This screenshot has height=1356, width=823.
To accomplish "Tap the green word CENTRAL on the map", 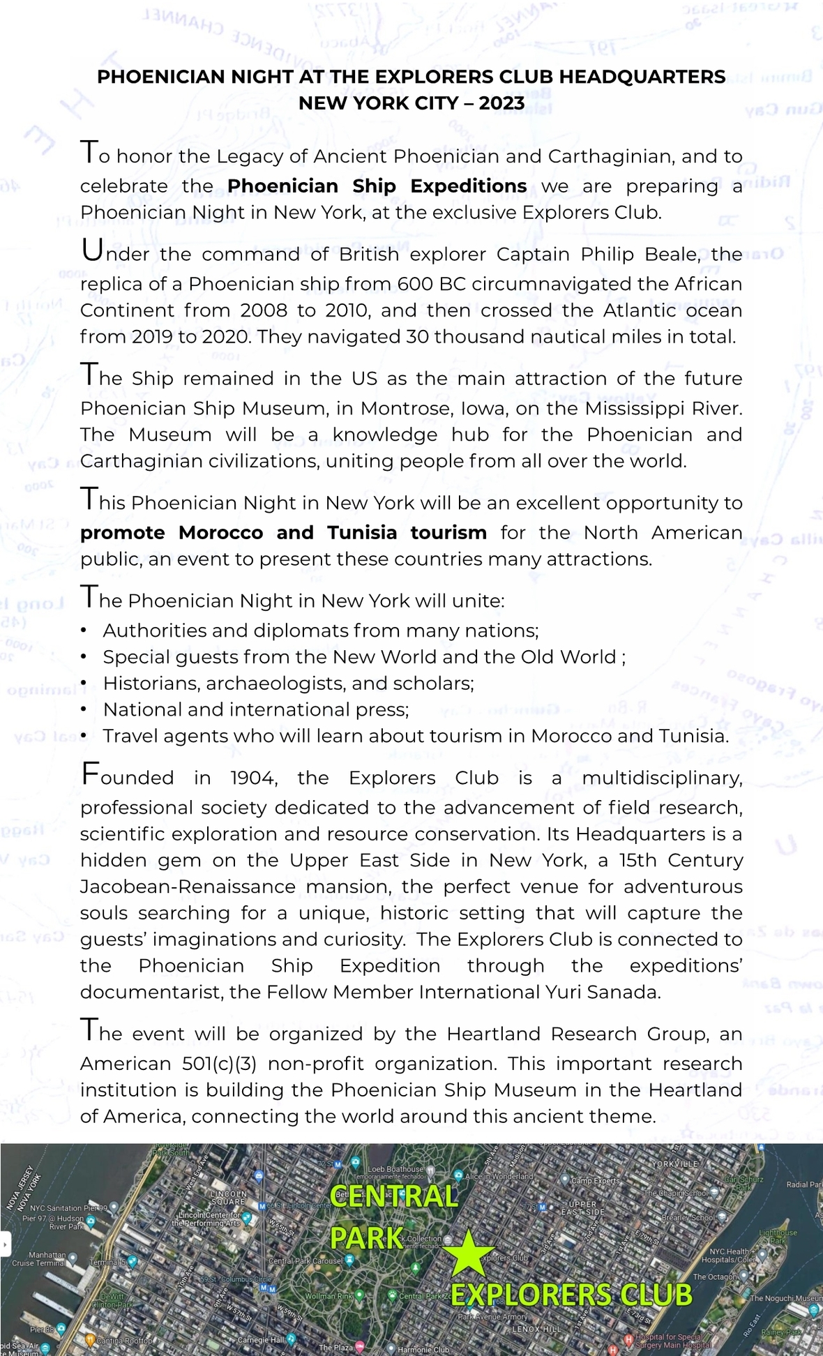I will point(393,1197).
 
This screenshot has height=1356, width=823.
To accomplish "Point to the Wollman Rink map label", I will point(330,1295).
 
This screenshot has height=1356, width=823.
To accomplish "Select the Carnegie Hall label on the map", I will point(261,1339).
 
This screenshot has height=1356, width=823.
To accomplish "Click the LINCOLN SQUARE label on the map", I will point(228,1198).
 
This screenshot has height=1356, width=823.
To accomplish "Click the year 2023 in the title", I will point(501,103).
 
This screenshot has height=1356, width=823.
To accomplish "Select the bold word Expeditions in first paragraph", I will point(468,186).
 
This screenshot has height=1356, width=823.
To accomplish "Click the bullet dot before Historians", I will point(84,684).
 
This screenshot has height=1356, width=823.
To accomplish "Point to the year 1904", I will point(253,778).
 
